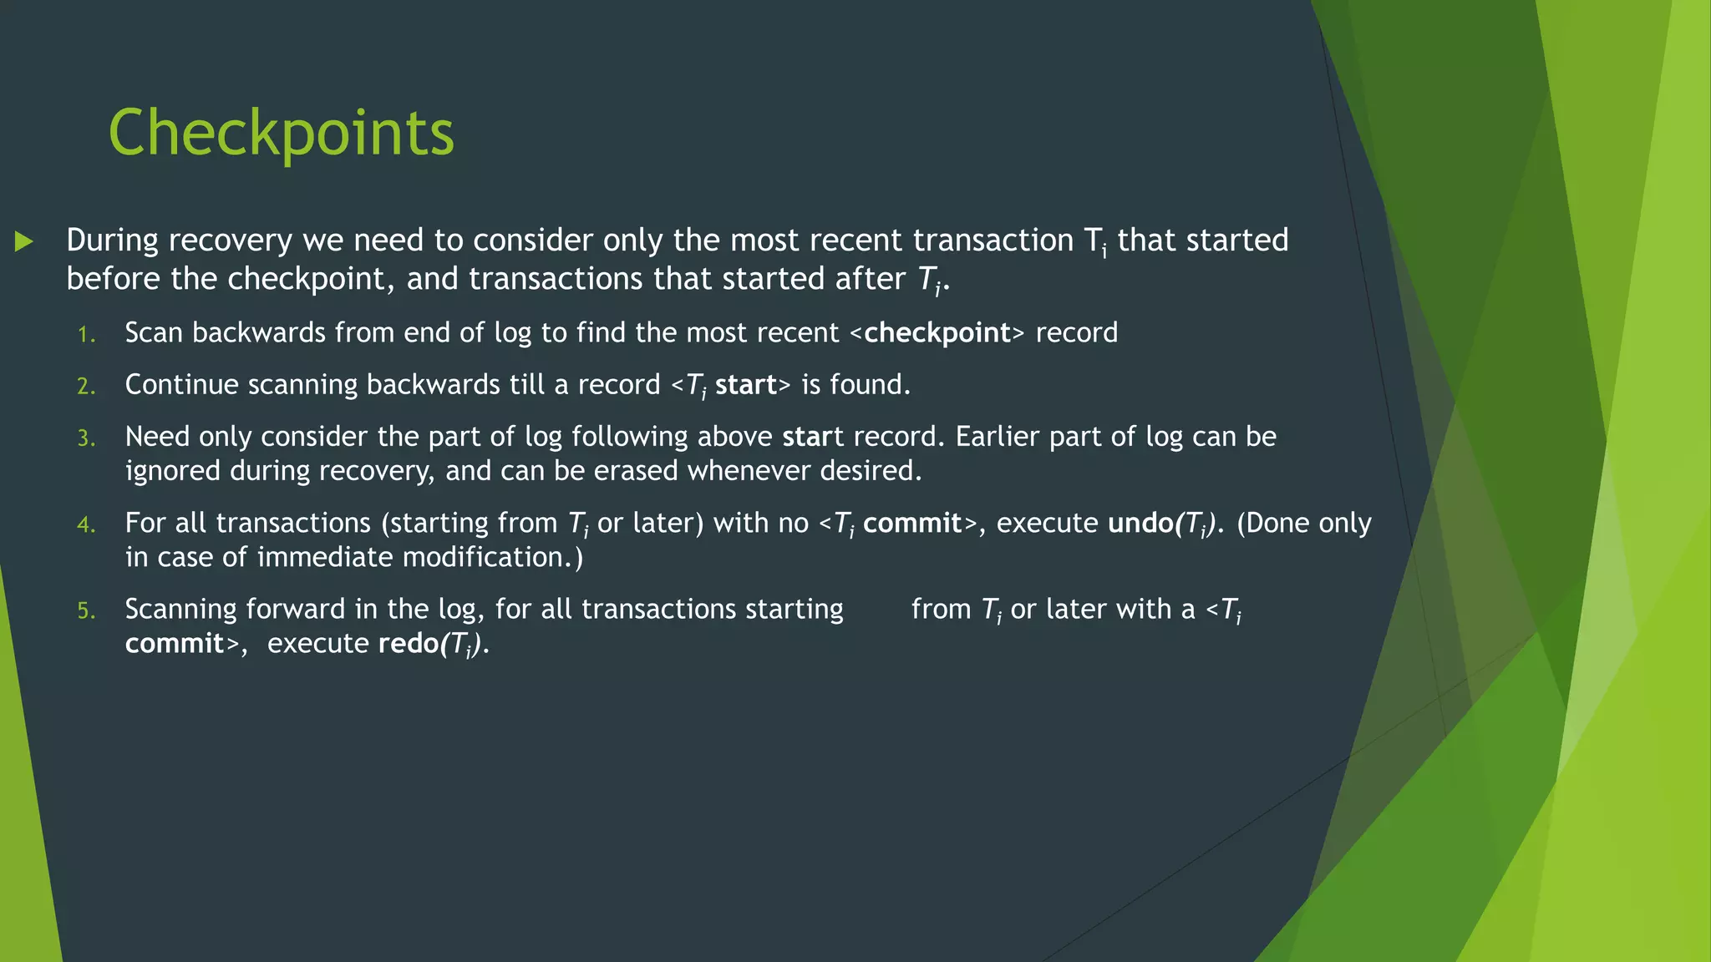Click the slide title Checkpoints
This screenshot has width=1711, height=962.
pos(281,134)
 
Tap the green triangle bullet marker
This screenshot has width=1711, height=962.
pos(24,242)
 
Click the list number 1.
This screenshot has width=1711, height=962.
pos(86,336)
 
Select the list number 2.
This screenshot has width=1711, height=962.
pos(86,387)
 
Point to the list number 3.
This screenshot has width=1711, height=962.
pos(86,439)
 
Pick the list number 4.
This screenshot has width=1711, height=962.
pos(86,525)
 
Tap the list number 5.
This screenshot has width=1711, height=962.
pos(86,611)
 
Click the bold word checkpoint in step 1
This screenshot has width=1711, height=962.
pos(937,333)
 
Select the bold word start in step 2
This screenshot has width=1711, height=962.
pos(746,385)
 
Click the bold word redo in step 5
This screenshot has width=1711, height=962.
pos(408,644)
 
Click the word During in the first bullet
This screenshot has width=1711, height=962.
pos(112,240)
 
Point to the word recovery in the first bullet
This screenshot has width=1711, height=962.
pos(231,240)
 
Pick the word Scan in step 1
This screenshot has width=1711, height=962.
pos(153,333)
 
